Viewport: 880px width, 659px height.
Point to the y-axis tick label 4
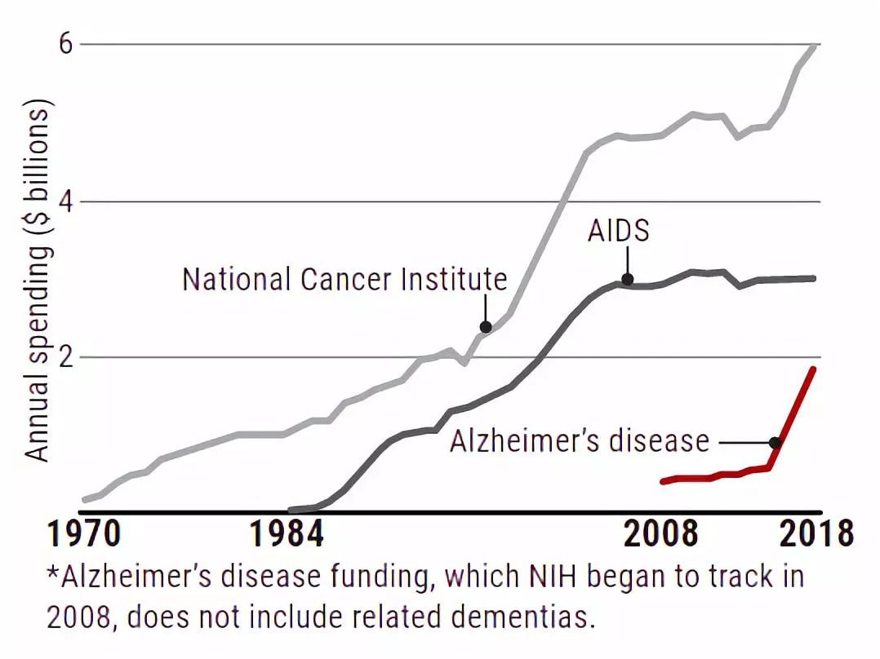pyautogui.click(x=66, y=202)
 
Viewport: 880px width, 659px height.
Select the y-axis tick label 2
pyautogui.click(x=66, y=357)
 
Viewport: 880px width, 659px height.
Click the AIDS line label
pyautogui.click(x=619, y=231)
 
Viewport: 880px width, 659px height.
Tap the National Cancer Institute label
pyautogui.click(x=344, y=279)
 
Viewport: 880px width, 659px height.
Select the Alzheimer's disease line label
pyautogui.click(x=580, y=440)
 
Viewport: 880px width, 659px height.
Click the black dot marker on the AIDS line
pyautogui.click(x=628, y=279)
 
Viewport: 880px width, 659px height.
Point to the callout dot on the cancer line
pyautogui.click(x=486, y=327)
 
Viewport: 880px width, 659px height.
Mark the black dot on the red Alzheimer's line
pyautogui.click(x=775, y=443)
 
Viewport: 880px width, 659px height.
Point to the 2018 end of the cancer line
pyautogui.click(x=815, y=46)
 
